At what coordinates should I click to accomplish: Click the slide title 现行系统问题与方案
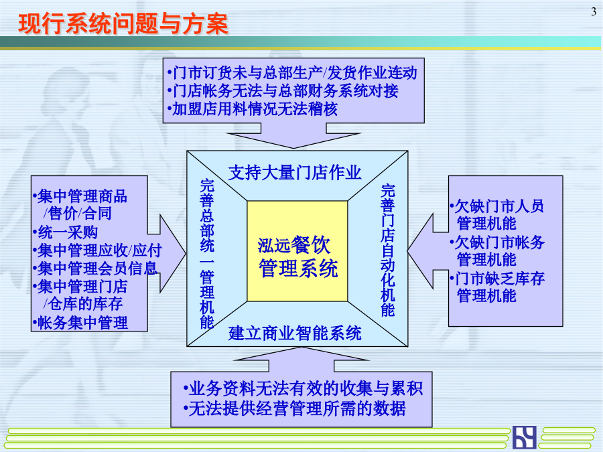coord(123,24)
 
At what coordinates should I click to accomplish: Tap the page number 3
coord(594,12)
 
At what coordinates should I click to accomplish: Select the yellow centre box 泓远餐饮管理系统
coord(297,251)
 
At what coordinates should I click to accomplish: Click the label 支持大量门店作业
coord(295,173)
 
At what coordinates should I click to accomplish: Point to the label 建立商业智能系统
coord(295,333)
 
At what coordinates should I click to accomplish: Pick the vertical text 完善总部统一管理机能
coord(207,254)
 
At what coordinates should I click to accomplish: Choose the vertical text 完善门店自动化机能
coord(388,250)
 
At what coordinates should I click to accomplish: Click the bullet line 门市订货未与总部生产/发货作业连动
coord(292,72)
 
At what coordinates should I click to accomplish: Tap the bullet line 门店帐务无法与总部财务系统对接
coord(283,90)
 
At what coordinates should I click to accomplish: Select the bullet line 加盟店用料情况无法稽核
coord(253,108)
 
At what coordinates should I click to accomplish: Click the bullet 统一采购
coord(66,232)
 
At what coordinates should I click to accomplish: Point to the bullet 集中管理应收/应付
coord(98,250)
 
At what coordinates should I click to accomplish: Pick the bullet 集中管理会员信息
coord(95,269)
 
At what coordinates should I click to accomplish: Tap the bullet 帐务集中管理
coord(80,323)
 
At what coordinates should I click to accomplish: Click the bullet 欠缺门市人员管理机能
coord(497,215)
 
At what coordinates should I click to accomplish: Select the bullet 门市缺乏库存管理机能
coord(497,287)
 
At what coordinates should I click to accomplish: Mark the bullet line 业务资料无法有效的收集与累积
coord(303,388)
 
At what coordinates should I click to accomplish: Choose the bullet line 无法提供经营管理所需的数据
coord(295,408)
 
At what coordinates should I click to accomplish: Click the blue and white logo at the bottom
coord(524,437)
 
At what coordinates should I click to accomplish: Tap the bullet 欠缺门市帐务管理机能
coord(497,251)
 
